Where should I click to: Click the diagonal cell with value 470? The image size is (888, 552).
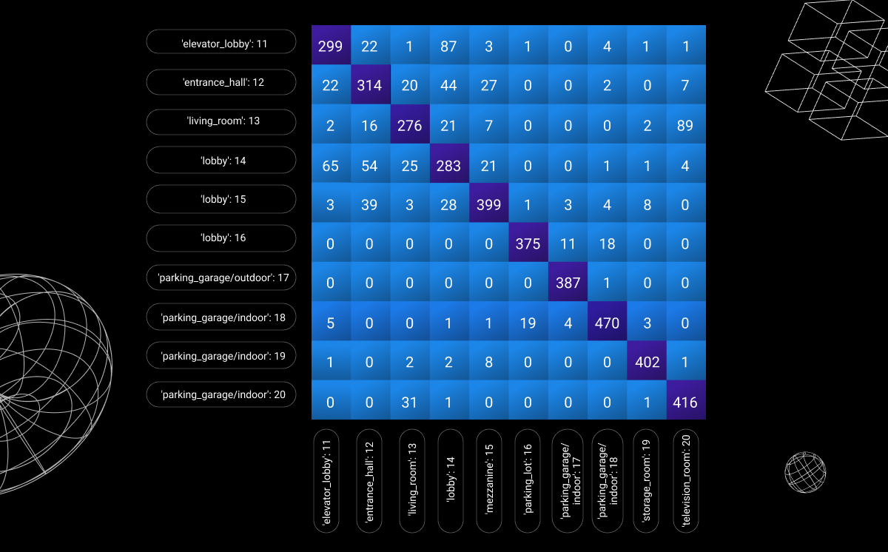point(607,323)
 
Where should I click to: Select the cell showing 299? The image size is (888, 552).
point(330,46)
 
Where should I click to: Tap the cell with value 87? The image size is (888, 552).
point(448,46)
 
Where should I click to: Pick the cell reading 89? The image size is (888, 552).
point(685,125)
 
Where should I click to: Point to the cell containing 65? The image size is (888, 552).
point(330,165)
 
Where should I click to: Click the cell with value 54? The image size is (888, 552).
point(369,165)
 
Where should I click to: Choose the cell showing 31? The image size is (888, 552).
point(409,402)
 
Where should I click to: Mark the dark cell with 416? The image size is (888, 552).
point(685,402)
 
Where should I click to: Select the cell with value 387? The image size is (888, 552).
point(568,283)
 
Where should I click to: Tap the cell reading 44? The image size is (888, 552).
point(448,86)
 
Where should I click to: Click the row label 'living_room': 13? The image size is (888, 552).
point(221,121)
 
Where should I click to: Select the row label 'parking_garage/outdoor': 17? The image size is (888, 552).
point(221,278)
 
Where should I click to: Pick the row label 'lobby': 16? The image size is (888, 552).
point(221,238)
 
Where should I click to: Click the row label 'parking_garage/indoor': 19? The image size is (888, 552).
point(221,356)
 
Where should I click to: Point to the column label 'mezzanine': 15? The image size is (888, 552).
point(489,481)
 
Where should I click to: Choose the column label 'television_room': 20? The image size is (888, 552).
point(686,481)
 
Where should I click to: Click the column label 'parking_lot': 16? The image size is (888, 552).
point(528,481)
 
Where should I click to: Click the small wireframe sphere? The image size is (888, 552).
point(805,472)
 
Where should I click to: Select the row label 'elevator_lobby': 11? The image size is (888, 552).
point(221,42)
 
